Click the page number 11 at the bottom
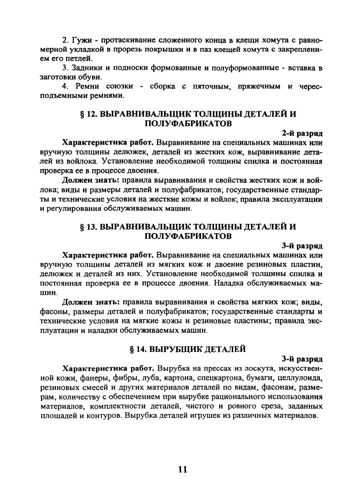(x=182, y=469)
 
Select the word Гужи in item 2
(x=79, y=40)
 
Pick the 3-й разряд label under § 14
(x=302, y=359)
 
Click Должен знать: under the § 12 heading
(x=91, y=180)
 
